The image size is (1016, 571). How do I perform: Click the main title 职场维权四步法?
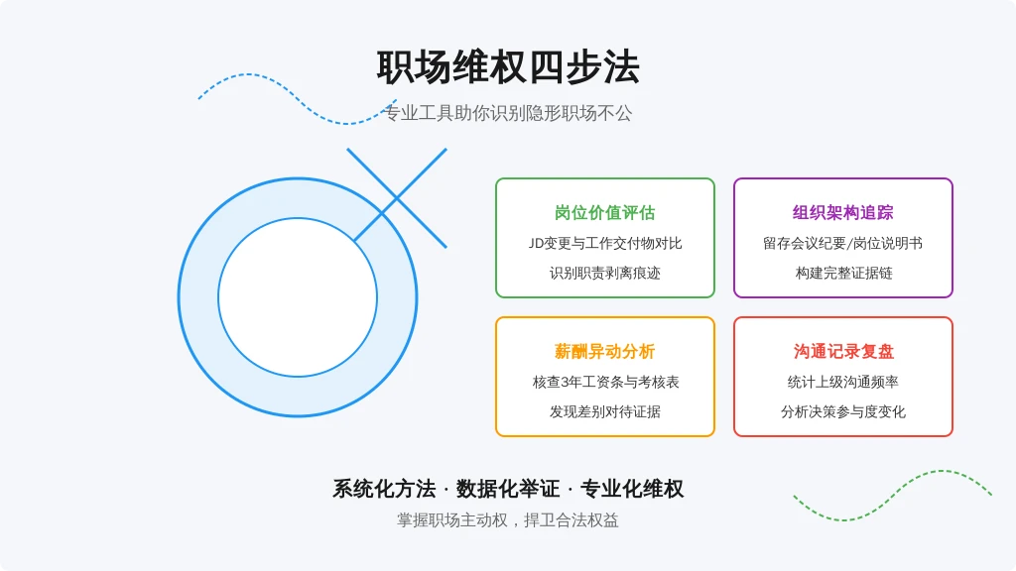(x=508, y=67)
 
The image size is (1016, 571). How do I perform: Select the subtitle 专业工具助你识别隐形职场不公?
(x=508, y=113)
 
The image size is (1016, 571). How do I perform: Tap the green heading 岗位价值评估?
(x=604, y=212)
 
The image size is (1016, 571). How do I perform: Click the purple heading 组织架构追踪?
(x=843, y=212)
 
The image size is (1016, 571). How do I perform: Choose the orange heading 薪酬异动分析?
(x=604, y=351)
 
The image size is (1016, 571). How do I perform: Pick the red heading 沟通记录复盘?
(x=843, y=351)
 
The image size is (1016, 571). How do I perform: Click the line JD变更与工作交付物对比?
(x=604, y=244)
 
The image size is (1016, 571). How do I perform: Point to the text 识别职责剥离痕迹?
(x=604, y=274)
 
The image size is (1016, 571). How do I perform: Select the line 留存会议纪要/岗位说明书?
(x=843, y=244)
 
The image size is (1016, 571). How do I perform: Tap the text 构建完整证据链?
(x=843, y=274)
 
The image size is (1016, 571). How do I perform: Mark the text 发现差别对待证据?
(x=604, y=411)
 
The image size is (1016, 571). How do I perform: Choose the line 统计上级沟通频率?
(x=843, y=382)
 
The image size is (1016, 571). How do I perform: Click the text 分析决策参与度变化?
(x=843, y=411)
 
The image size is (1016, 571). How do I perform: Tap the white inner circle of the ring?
(x=298, y=297)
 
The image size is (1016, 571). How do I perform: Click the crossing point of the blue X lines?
(x=397, y=198)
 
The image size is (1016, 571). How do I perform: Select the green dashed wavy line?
(x=893, y=496)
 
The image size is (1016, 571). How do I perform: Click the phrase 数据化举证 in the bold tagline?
(x=508, y=489)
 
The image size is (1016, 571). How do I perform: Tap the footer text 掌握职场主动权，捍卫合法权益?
(x=508, y=520)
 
